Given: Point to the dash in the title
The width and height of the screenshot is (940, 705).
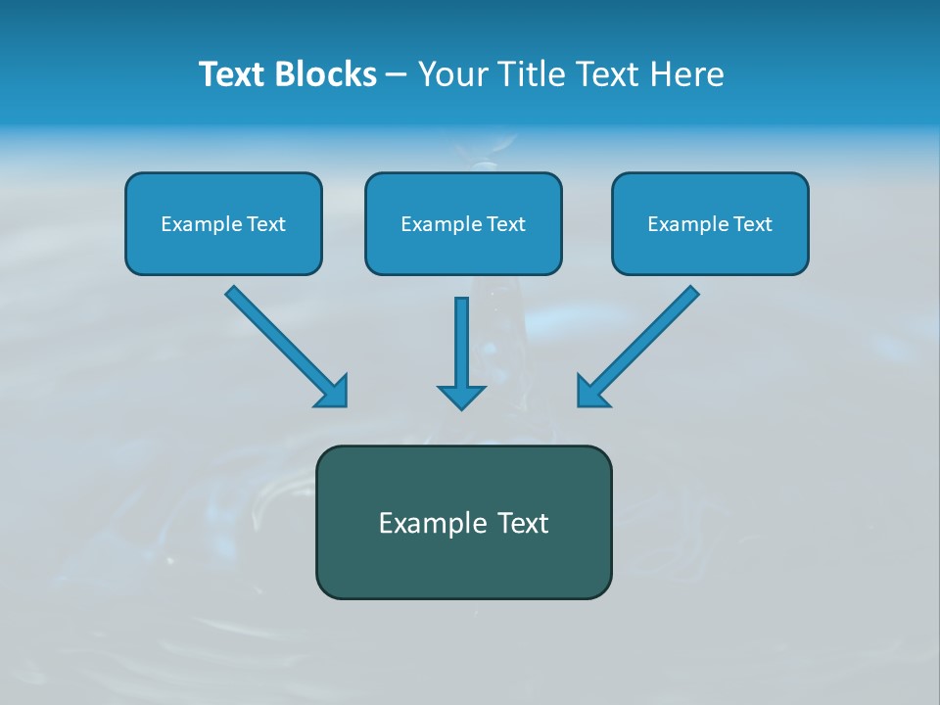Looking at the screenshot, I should tap(397, 75).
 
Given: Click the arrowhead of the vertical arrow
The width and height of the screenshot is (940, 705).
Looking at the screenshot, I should tap(461, 397).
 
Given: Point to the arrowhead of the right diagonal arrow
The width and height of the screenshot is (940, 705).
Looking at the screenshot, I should tap(591, 392).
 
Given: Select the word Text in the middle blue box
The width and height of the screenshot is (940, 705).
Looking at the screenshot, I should tap(506, 224).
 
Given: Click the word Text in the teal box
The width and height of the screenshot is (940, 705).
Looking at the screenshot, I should tap(524, 523).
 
